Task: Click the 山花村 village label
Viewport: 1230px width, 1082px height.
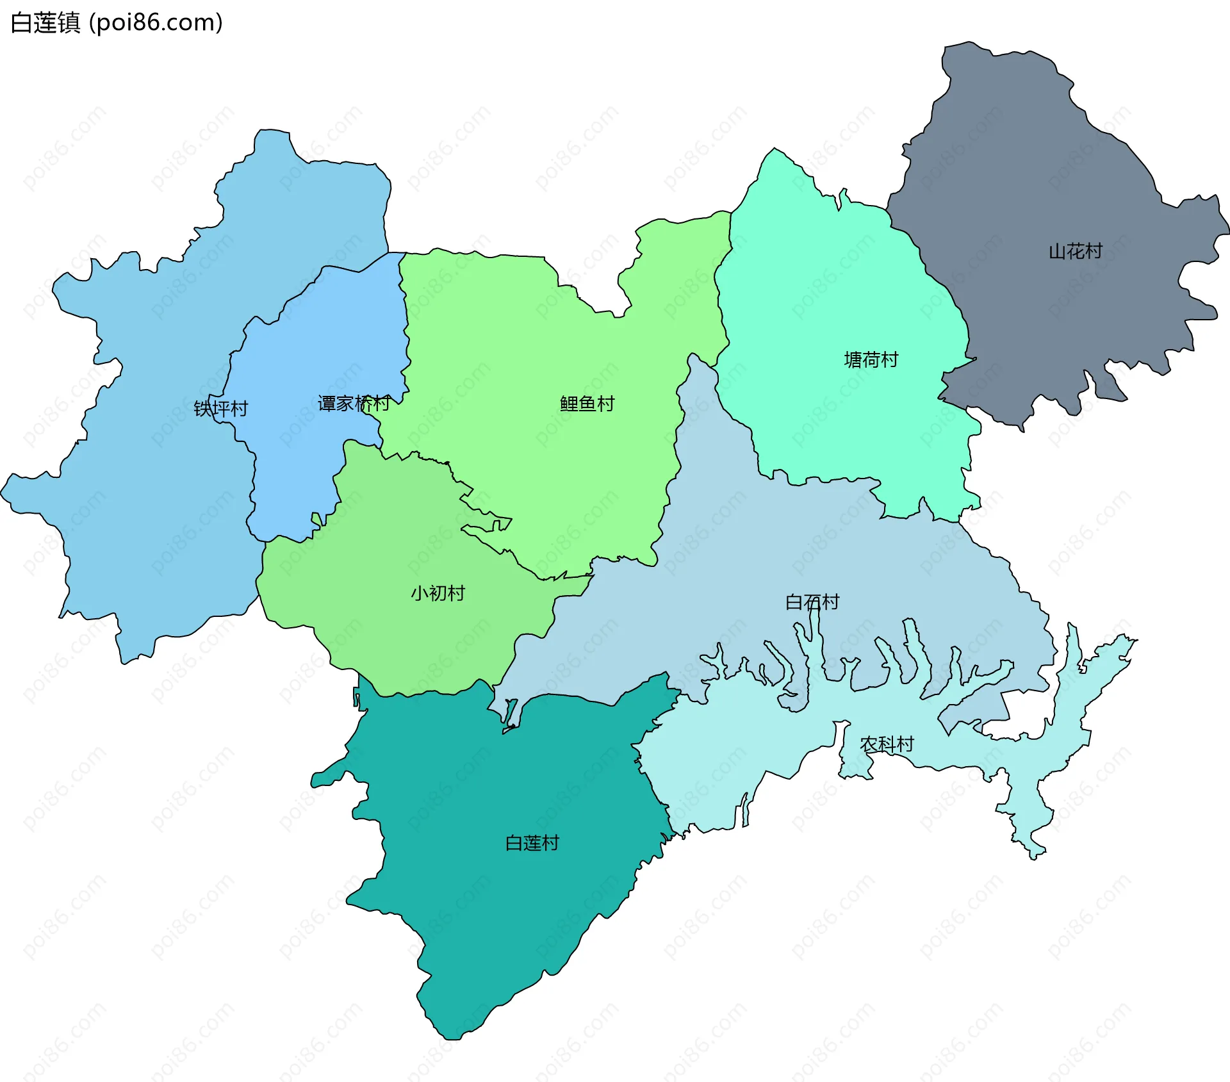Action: pyautogui.click(x=1076, y=251)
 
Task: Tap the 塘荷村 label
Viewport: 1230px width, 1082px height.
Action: pyautogui.click(x=871, y=360)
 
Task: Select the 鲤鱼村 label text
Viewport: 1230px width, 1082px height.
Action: pyautogui.click(x=587, y=404)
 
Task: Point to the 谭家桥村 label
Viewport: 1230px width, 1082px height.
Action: pyautogui.click(x=354, y=404)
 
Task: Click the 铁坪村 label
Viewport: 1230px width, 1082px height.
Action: pyautogui.click(x=221, y=409)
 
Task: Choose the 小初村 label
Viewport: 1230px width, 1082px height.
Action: pyautogui.click(x=438, y=593)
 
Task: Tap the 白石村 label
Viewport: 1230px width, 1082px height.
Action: pyautogui.click(x=812, y=602)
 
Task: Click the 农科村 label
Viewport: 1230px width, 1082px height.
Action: pyautogui.click(x=887, y=744)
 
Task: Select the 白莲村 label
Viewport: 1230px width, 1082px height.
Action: pyautogui.click(x=532, y=843)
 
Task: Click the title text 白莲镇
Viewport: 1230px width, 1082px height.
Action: pyautogui.click(x=45, y=23)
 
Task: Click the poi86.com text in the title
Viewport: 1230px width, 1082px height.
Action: pyautogui.click(x=156, y=23)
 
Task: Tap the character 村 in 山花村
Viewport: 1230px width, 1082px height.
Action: pyautogui.click(x=1094, y=251)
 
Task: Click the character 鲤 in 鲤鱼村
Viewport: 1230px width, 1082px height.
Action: pyautogui.click(x=569, y=404)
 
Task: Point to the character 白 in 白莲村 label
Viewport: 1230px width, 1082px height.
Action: pyautogui.click(x=514, y=843)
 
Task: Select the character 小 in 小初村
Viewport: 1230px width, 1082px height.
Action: pyautogui.click(x=420, y=593)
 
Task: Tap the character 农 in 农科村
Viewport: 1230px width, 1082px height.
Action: pyautogui.click(x=869, y=744)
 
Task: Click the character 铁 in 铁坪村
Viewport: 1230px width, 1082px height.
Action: pyautogui.click(x=203, y=409)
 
